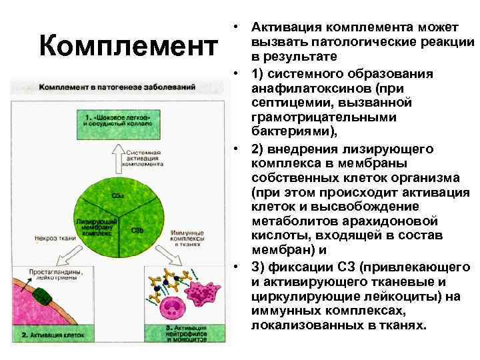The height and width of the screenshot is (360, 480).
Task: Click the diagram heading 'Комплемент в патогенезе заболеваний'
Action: coord(117,87)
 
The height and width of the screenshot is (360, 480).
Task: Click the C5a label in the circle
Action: coord(117,195)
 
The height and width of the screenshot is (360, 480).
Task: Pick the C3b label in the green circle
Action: coord(137,230)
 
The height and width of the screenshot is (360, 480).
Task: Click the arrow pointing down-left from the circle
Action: coord(75,256)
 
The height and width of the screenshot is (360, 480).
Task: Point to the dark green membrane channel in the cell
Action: coord(45,297)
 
